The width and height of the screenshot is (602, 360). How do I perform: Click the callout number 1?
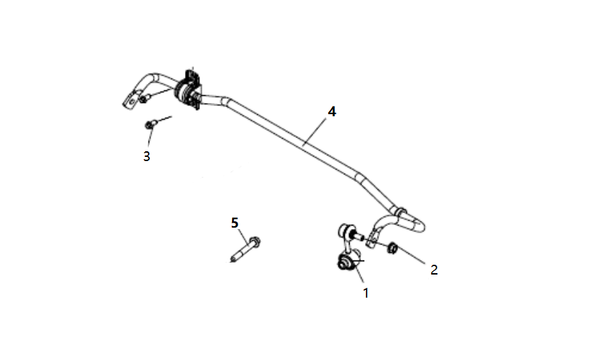click(x=366, y=293)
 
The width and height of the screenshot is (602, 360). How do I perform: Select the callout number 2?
click(x=434, y=270)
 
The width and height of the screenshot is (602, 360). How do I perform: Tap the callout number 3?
click(x=146, y=156)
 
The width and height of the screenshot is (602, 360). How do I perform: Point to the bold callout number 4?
click(x=331, y=111)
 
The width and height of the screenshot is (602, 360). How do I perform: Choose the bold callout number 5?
click(x=235, y=223)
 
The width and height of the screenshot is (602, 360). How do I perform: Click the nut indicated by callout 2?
click(x=392, y=248)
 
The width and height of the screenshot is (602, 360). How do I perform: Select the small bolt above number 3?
click(x=151, y=125)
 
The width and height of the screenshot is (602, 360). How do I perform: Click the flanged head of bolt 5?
click(x=254, y=241)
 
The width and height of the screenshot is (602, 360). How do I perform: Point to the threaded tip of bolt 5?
click(x=233, y=260)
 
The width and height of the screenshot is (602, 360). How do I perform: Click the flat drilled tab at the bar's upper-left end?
click(x=130, y=101)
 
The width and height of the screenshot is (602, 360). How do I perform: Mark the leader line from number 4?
click(x=315, y=132)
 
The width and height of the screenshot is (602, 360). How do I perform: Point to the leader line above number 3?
click(x=150, y=137)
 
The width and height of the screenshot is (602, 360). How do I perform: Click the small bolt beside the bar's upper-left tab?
click(x=143, y=99)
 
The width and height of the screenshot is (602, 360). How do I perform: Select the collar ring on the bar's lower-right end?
click(x=400, y=212)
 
